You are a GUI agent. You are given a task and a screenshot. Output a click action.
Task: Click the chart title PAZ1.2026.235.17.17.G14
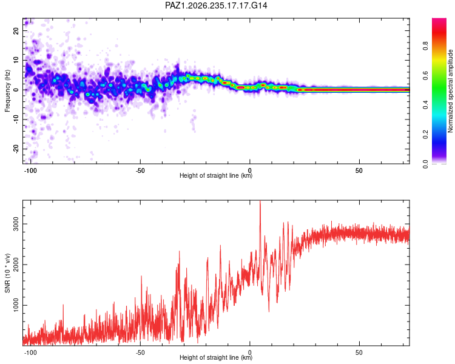(216, 5)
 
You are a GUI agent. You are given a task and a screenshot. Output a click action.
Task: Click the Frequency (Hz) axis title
(7, 91)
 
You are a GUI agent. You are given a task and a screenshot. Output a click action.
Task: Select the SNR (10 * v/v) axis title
(7, 273)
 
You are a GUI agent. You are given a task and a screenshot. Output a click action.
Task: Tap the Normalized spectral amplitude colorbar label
(450, 91)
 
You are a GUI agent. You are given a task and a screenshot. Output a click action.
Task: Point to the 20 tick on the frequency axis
(16, 30)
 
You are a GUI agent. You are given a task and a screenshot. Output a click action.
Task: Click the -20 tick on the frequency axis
(16, 149)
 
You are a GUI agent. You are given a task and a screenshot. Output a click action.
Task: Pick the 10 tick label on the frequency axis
(16, 60)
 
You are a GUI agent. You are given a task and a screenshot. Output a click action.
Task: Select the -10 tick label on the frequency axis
(16, 120)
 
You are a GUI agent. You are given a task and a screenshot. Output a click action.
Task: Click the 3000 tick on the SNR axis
(16, 224)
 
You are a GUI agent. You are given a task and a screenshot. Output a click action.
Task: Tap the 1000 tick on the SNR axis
(16, 305)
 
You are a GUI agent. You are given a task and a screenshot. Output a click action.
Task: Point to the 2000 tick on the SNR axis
(16, 265)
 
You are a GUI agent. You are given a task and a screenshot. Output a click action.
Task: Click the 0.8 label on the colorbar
(425, 46)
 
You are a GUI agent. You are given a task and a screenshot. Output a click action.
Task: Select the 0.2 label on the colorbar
(425, 135)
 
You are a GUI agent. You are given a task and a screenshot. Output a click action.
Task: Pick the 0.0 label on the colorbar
(425, 164)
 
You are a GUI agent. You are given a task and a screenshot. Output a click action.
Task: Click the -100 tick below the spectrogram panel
(30, 170)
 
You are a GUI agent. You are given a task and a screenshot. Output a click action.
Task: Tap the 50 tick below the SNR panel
(359, 352)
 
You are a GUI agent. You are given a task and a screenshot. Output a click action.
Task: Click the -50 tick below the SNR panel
(140, 352)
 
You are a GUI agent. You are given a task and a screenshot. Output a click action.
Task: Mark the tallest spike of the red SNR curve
(260, 201)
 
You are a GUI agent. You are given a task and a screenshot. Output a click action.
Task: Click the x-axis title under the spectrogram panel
(216, 175)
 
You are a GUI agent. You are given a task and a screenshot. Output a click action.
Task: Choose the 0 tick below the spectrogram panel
(249, 170)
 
